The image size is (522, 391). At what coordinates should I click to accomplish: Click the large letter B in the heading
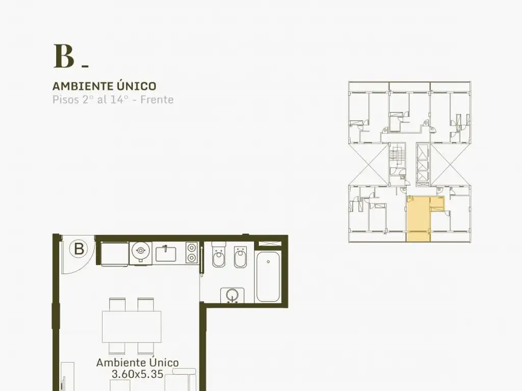pos(64,57)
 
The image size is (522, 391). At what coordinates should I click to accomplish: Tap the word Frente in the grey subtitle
pos(157,99)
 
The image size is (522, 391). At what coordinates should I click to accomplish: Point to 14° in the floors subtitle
pos(119,99)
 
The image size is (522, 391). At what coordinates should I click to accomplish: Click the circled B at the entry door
pos(79,248)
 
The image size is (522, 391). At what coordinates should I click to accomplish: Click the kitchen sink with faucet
pos(166,254)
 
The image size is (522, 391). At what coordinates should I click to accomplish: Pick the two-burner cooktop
pos(192,253)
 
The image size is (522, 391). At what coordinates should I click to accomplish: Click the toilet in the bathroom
pos(219,257)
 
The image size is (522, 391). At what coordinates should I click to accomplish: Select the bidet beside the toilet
pos(240,257)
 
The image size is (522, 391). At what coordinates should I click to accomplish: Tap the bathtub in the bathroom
pos(268,276)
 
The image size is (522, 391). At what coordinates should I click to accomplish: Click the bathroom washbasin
pos(232,295)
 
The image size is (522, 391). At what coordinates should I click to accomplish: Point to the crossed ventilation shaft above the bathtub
pos(270,244)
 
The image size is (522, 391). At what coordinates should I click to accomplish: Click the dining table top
pos(132,326)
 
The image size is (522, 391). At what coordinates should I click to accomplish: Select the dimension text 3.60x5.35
pos(138,374)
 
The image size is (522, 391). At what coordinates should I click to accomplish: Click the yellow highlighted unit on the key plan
pos(418,219)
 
